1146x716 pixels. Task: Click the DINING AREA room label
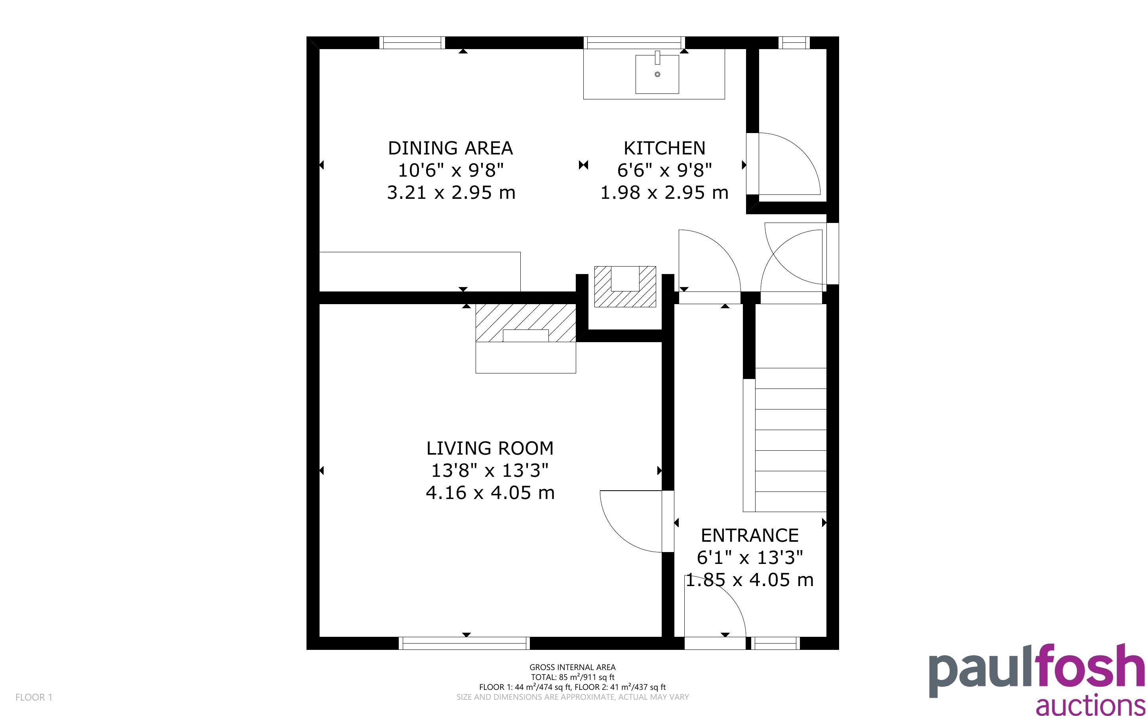coord(450,148)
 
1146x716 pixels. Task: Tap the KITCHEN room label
coord(664,148)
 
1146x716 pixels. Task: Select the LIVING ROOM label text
coord(490,448)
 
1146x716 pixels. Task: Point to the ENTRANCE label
coord(750,535)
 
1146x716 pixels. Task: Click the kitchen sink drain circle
coord(657,74)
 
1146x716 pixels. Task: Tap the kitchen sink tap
coord(657,57)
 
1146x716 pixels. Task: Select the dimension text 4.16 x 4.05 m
coord(490,493)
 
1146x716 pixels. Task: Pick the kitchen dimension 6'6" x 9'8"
coord(664,170)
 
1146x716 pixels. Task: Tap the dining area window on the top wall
coord(412,43)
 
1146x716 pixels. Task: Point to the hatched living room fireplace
coord(525,322)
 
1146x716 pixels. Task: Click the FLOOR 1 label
coord(34,697)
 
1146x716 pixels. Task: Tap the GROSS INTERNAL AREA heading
coord(572,667)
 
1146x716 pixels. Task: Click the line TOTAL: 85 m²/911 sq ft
coord(572,677)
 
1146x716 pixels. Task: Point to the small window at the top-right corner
coord(794,43)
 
